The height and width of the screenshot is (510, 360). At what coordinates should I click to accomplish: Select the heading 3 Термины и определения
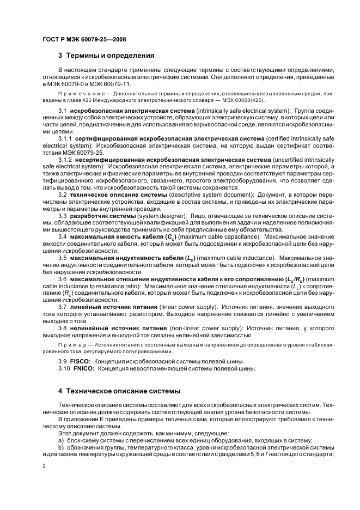pos(106,55)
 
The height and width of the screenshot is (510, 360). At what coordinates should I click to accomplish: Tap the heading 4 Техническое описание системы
pos(118,391)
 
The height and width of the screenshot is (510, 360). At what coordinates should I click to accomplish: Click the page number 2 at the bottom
pos(44,466)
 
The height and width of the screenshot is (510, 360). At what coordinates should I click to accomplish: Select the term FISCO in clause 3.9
pos(81,361)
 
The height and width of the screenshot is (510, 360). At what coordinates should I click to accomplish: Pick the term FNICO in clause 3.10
pos(83,368)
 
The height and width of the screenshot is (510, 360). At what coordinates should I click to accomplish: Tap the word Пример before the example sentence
pos(72,345)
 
